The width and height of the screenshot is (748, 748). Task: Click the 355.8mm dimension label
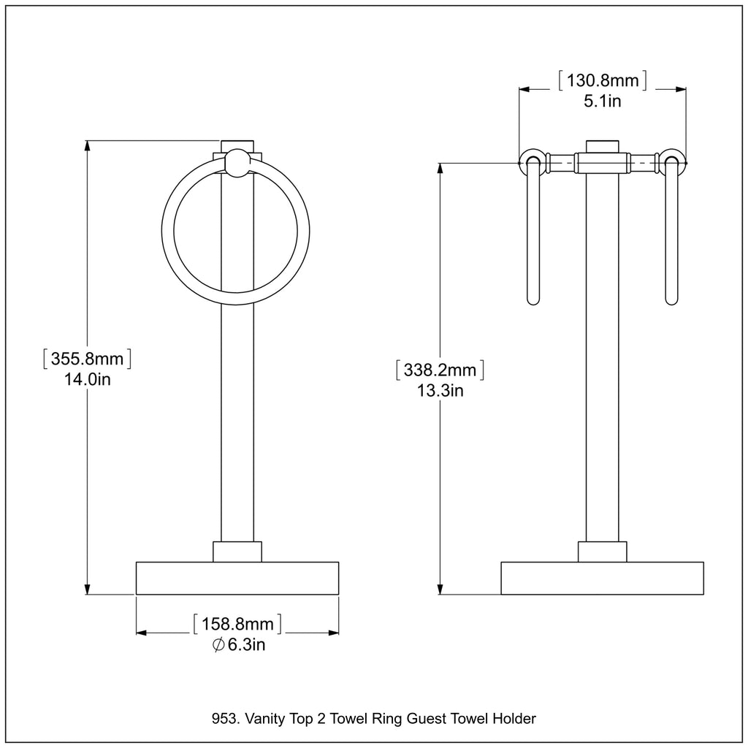88,358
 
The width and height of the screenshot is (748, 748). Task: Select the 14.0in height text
88,379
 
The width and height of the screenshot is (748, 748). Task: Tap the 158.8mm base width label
237,624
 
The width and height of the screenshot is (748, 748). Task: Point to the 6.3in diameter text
246,644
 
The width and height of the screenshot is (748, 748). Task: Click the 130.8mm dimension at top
603,80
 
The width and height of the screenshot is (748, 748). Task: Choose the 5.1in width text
603,101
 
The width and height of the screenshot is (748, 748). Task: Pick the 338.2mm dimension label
440,370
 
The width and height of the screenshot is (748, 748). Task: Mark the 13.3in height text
440,391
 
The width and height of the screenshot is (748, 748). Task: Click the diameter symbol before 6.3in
218,645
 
